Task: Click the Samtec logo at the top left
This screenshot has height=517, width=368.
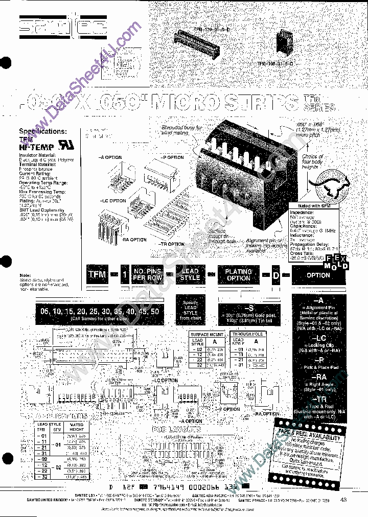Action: click(61, 28)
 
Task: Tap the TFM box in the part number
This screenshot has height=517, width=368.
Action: click(97, 274)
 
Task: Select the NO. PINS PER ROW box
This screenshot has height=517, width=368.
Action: click(147, 274)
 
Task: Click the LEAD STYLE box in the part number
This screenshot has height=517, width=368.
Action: click(190, 274)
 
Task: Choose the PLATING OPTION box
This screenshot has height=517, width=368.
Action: click(239, 274)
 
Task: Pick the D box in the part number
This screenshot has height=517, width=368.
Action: click(275, 275)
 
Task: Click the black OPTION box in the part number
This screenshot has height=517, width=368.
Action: click(318, 275)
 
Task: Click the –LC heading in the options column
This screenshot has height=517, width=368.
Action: click(318, 338)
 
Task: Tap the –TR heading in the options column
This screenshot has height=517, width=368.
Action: click(318, 398)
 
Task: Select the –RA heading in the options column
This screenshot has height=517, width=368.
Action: click(318, 377)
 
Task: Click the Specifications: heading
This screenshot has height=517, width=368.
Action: click(43, 131)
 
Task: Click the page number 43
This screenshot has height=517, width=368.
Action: click(343, 500)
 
